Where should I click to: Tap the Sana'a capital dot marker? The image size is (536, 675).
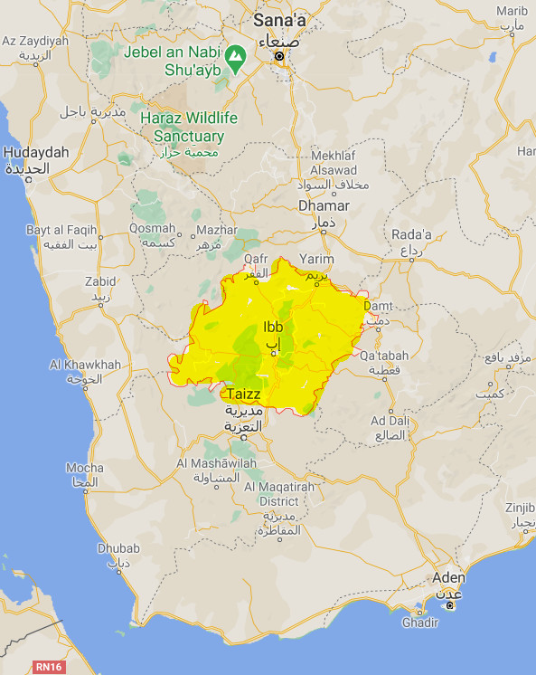click(x=279, y=56)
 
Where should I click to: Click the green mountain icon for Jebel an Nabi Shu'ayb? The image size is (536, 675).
click(x=235, y=55)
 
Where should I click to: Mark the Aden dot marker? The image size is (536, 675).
click(x=449, y=604)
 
